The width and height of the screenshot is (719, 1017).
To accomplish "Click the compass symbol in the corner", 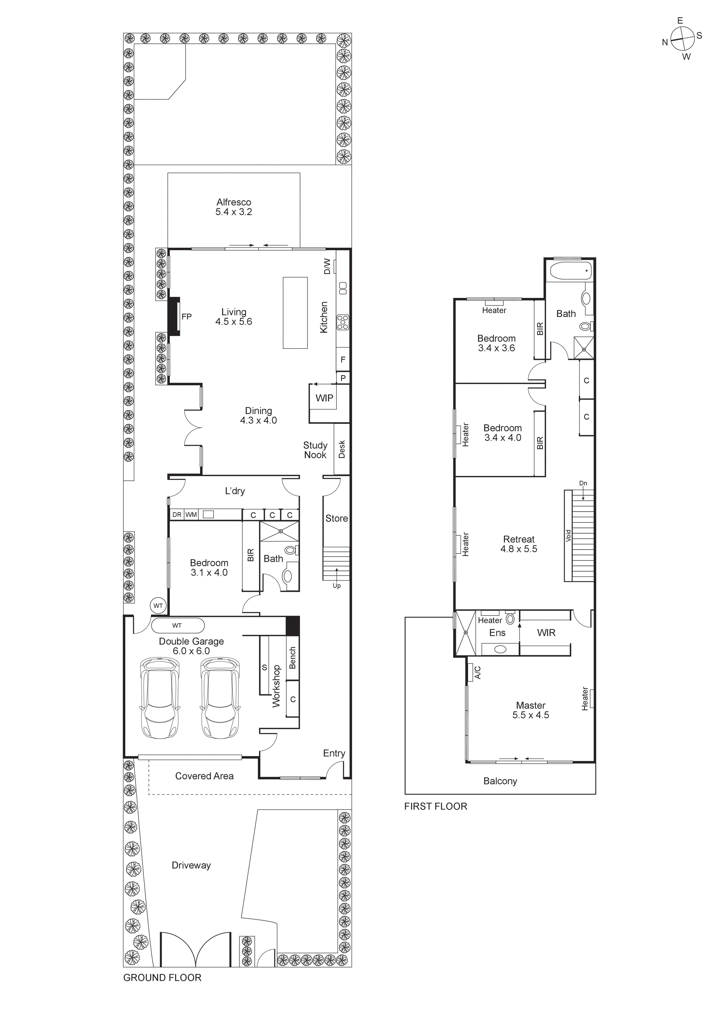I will pyautogui.click(x=682, y=39).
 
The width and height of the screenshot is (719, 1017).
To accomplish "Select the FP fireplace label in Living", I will pyautogui.click(x=186, y=317).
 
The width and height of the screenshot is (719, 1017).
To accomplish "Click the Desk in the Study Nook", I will pyautogui.click(x=341, y=449).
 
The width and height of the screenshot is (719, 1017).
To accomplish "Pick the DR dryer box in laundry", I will pyautogui.click(x=177, y=515).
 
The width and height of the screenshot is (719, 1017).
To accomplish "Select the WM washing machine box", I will pyautogui.click(x=191, y=515).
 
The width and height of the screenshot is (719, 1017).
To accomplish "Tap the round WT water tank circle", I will pyautogui.click(x=158, y=606).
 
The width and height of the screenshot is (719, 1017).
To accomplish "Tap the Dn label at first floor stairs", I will pyautogui.click(x=583, y=483).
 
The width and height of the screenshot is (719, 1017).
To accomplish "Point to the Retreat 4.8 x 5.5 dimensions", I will pyautogui.click(x=519, y=549).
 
